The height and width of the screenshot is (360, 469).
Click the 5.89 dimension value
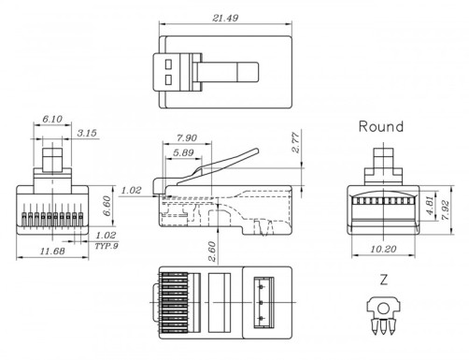[183, 152]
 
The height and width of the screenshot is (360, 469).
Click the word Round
[381, 126]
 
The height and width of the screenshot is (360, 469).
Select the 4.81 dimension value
[429, 204]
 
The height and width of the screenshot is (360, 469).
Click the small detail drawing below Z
[383, 313]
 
